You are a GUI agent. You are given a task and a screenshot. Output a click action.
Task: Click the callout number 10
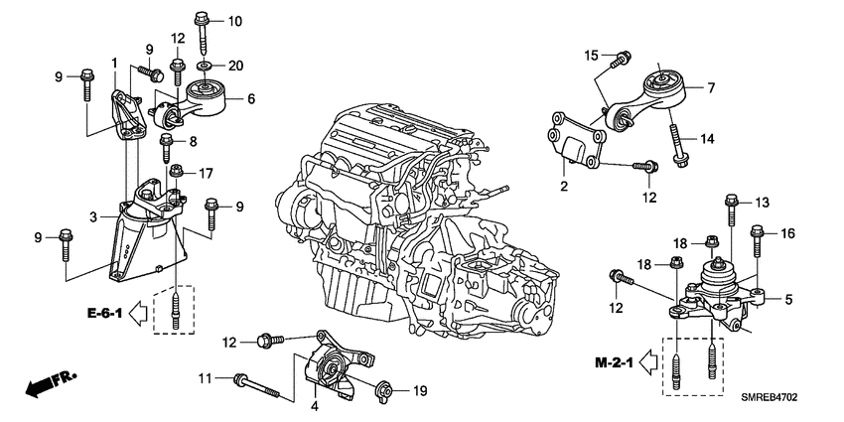click(234, 22)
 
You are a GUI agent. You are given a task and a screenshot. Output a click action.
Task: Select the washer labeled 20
click(204, 66)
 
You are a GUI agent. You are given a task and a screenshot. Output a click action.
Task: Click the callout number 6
click(251, 98)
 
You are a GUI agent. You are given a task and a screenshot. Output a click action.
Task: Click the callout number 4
click(316, 404)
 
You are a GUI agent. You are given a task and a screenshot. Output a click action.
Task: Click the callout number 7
click(711, 88)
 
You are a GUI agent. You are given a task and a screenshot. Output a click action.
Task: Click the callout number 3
click(93, 215)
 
